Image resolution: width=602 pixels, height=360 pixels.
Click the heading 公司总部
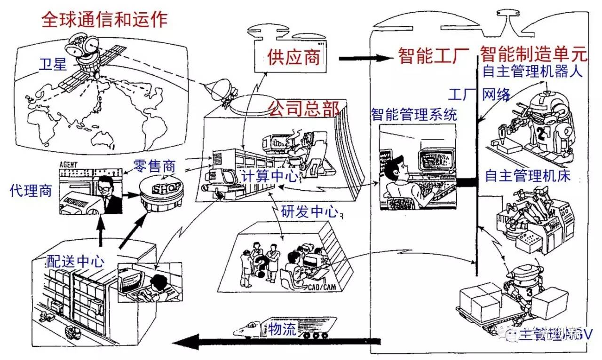(303, 108)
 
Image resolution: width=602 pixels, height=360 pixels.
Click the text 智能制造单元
(534, 55)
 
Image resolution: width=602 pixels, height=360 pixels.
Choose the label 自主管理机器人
(533, 72)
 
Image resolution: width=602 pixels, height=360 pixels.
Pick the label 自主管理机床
(527, 176)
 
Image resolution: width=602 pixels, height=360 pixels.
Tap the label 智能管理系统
(414, 114)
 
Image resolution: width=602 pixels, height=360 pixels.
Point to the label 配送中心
(75, 261)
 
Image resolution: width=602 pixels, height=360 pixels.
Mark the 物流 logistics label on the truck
(282, 329)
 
